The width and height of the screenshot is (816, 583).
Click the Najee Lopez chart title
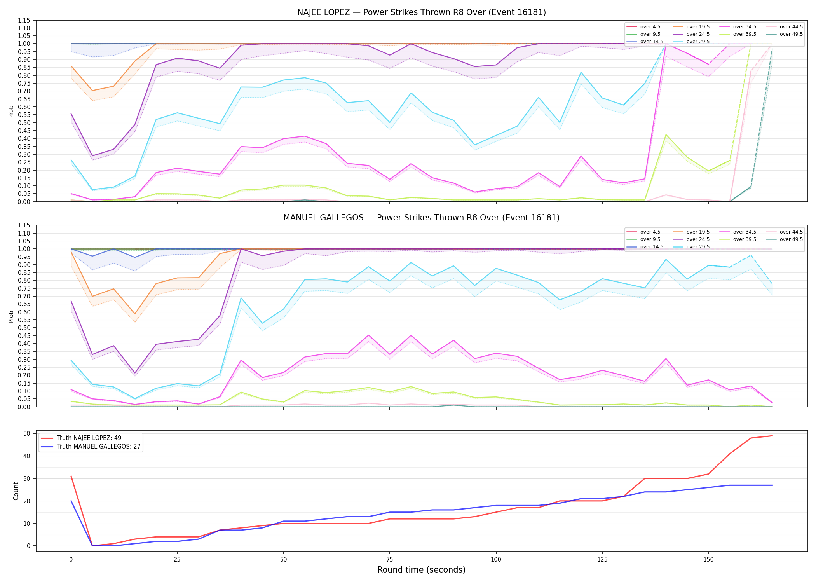pos(422,12)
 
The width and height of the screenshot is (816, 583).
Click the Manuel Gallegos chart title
pos(422,218)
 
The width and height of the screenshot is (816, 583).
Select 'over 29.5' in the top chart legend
pos(698,42)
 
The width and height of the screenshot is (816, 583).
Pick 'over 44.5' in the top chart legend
pos(791,27)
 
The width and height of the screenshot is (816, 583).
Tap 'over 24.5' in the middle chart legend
pos(698,239)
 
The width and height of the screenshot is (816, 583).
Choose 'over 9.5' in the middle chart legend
pos(650,239)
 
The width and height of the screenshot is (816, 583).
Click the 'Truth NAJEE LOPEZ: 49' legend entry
pos(89,438)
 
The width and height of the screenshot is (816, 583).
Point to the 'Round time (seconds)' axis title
pos(421,570)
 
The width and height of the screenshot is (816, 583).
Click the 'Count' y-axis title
pos(16,491)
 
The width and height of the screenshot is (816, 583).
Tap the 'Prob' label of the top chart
pos(11,111)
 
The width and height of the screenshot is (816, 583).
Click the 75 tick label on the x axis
pos(390,560)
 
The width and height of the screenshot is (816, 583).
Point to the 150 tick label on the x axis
pos(708,560)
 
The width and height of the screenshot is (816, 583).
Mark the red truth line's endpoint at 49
pos(772,436)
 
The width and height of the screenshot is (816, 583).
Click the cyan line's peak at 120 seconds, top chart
pos(581,72)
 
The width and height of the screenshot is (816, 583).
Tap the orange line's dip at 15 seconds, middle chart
pos(135,314)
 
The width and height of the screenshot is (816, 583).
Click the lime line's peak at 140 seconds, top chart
pos(666,135)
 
